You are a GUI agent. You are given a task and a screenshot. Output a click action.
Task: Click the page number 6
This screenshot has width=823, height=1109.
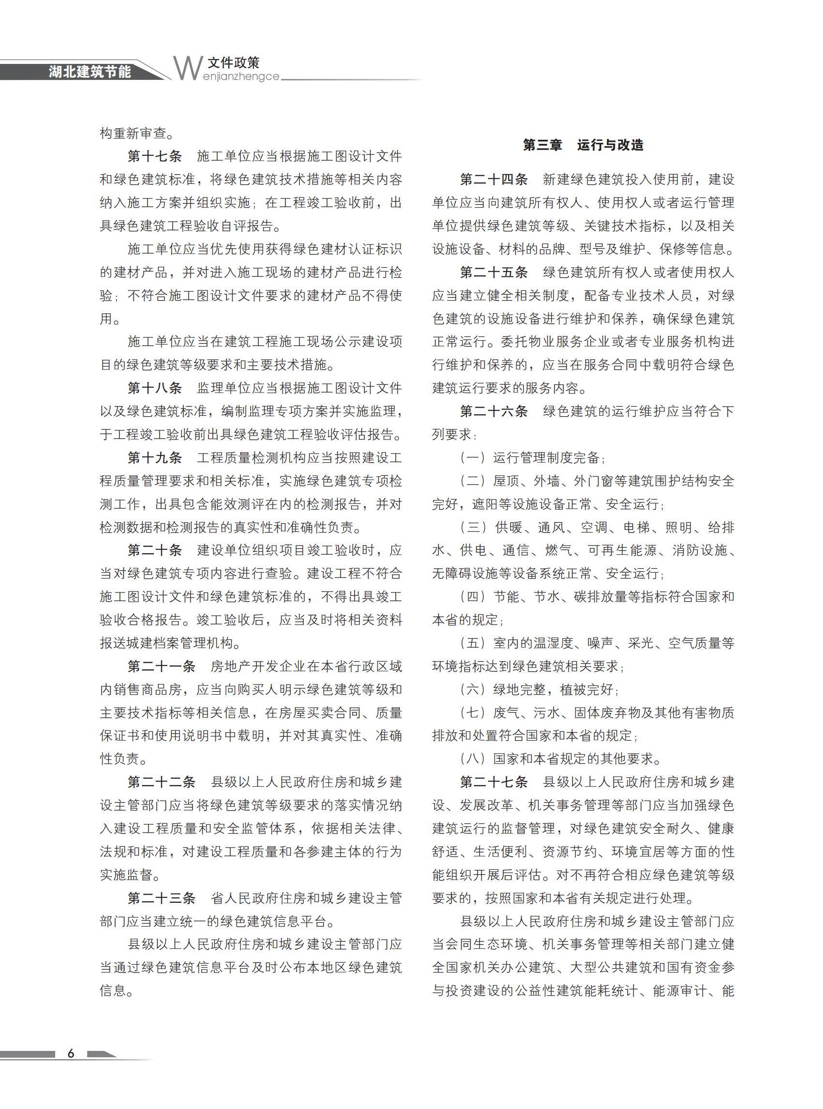pos(71,1053)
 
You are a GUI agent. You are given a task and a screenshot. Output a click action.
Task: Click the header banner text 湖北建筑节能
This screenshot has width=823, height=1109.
pos(90,71)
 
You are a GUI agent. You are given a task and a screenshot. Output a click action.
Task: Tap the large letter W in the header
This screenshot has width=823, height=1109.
pos(187,68)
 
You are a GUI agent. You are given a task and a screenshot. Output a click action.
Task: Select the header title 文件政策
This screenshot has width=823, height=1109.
pos(234,62)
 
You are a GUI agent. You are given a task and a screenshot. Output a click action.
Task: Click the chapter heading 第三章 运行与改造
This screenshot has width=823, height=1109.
pos(583,145)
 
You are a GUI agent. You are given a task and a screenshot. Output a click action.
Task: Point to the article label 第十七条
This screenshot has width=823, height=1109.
pos(155,156)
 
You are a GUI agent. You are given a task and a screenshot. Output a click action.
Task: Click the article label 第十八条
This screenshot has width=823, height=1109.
pos(155,388)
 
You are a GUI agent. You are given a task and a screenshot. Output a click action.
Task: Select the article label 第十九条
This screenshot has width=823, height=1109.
pos(155,458)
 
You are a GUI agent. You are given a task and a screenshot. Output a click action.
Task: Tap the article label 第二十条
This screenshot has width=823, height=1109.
pos(155,551)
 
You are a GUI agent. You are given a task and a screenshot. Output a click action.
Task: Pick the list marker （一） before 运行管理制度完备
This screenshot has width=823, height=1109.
pos(473,458)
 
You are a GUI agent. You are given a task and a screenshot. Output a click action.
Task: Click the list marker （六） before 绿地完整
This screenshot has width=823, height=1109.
pos(473,690)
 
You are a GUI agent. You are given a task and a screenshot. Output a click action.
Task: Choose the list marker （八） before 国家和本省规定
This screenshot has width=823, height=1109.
pos(473,759)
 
